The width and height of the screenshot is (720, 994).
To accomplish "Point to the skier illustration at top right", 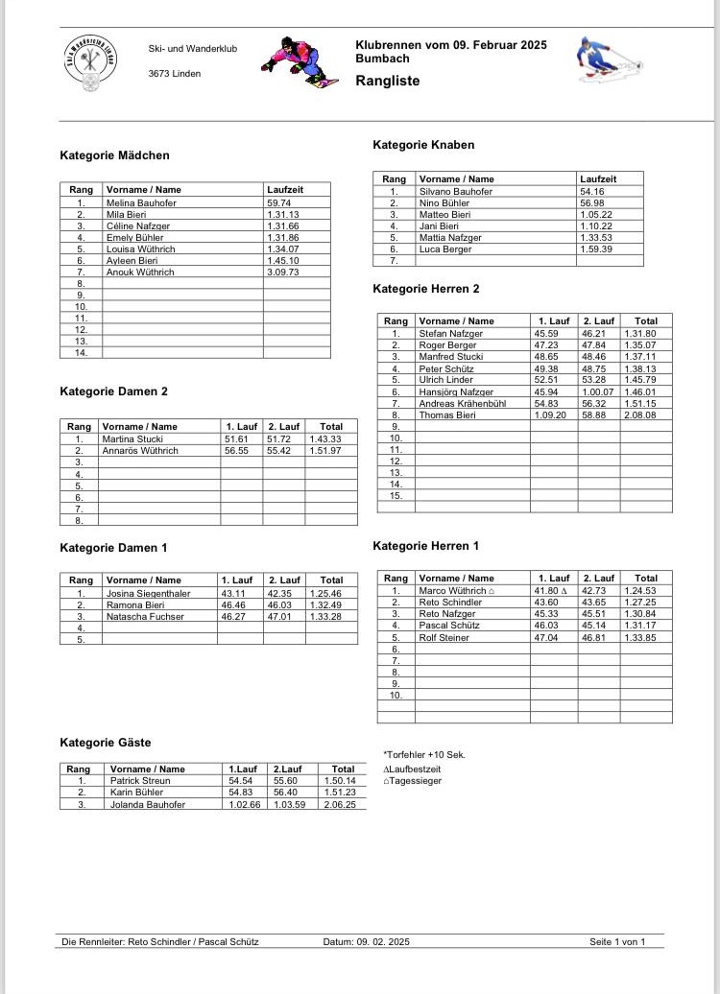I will pos(601,58).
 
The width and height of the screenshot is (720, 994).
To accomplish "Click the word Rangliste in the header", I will pos(388,82).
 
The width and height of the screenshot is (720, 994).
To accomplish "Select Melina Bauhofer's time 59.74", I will pos(279,203).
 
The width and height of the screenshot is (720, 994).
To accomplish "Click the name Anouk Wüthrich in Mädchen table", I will pos(140,272).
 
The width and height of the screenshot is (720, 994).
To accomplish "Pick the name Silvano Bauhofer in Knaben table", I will pos(456,192).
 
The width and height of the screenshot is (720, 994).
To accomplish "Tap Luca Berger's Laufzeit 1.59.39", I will pos(596,248).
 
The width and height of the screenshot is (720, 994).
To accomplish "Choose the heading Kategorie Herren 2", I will pos(425,289).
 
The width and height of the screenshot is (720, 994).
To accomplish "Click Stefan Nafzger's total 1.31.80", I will pos(640,334).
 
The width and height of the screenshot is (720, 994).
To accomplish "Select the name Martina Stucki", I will pos(132,439).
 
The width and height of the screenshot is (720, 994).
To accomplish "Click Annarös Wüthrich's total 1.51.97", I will pos(325,451).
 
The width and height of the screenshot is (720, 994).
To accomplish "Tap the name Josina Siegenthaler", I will pos(148,593).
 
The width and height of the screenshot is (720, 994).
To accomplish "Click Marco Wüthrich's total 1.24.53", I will pos(640,591).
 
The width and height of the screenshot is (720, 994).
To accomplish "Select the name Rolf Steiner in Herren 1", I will pos(444,637).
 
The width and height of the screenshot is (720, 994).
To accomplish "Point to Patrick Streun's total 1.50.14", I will pos(343,782).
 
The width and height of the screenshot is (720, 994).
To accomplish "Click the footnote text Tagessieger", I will pos(416,780).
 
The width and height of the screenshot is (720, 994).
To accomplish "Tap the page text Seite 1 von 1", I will pos(617,942).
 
